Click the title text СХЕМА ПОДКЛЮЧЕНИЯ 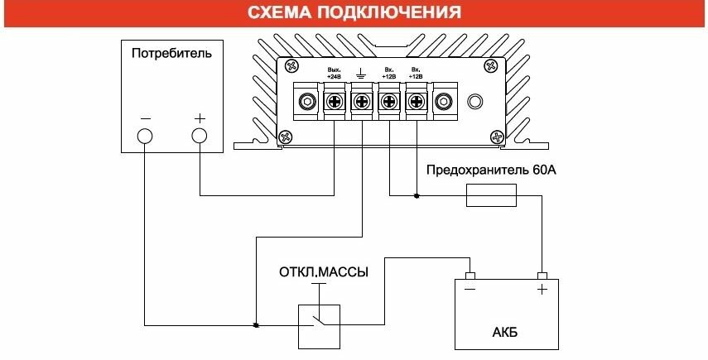click(354, 13)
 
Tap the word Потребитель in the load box click(172, 54)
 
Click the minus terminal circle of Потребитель click(145, 136)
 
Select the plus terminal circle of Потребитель click(199, 136)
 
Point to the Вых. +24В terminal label click(335, 72)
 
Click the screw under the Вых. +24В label click(335, 103)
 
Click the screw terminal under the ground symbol click(362, 103)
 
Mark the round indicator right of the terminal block click(475, 102)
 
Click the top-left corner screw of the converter click(284, 65)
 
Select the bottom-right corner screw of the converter click(497, 137)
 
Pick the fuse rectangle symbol click(493, 196)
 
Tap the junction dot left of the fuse click(416, 196)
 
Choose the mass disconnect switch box click(320, 324)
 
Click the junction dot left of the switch click(256, 324)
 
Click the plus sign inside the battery click(542, 290)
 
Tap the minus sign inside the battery click(470, 290)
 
